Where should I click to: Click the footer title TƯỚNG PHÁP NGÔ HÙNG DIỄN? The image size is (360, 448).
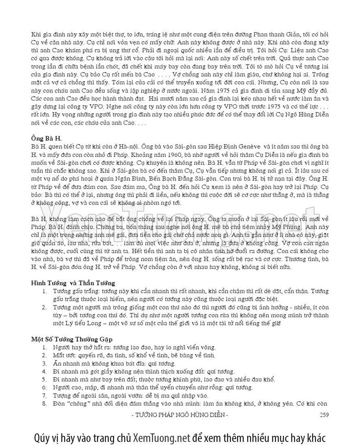click(180, 414)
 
